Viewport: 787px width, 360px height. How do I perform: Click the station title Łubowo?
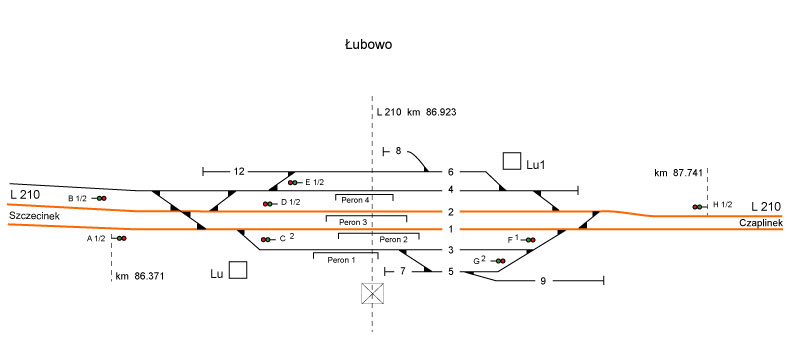tap(368, 45)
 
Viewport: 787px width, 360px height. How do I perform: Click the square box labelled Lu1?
tap(512, 161)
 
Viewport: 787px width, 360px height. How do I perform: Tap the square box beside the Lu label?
tap(238, 270)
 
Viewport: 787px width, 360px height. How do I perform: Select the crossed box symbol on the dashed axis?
tap(372, 293)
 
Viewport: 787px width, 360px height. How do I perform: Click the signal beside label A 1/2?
tap(119, 238)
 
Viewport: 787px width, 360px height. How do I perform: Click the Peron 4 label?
tap(355, 200)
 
